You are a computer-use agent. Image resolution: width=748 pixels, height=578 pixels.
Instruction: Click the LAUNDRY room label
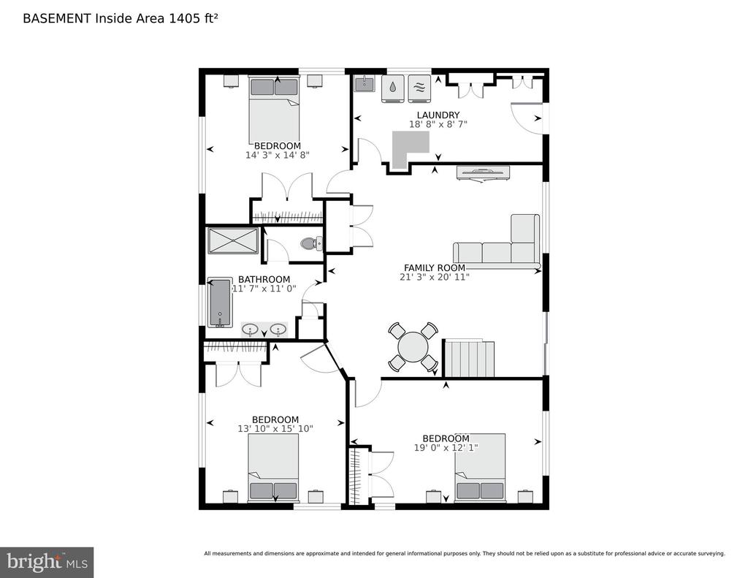click(438, 115)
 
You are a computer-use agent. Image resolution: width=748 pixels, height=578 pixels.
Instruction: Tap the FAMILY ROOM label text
click(435, 268)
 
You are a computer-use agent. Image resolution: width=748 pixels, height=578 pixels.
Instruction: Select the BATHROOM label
click(264, 279)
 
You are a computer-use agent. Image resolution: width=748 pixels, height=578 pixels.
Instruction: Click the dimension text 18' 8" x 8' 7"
click(438, 124)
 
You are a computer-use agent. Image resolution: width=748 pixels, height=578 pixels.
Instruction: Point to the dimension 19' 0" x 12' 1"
click(446, 448)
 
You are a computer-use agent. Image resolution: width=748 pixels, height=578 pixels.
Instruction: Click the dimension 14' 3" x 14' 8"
click(278, 155)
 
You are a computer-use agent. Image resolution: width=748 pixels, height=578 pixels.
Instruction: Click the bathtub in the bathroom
click(220, 303)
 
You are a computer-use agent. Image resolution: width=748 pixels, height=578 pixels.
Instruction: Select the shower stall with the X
click(233, 241)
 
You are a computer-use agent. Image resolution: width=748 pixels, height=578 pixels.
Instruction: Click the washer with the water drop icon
click(392, 88)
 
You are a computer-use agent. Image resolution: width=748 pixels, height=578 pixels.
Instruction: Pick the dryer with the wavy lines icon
click(419, 88)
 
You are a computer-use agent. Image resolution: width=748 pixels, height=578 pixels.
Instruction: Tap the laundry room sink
click(365, 83)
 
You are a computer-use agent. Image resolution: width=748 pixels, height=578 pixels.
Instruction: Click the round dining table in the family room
click(413, 346)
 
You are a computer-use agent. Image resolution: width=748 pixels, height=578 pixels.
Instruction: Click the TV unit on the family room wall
click(484, 173)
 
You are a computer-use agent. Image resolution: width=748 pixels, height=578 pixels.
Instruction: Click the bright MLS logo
click(47, 562)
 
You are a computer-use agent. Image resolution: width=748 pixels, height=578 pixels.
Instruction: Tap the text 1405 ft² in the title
click(194, 18)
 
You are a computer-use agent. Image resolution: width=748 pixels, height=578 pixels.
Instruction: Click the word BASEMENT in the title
click(57, 18)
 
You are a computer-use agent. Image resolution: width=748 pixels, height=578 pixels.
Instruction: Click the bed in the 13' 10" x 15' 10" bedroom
click(273, 467)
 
